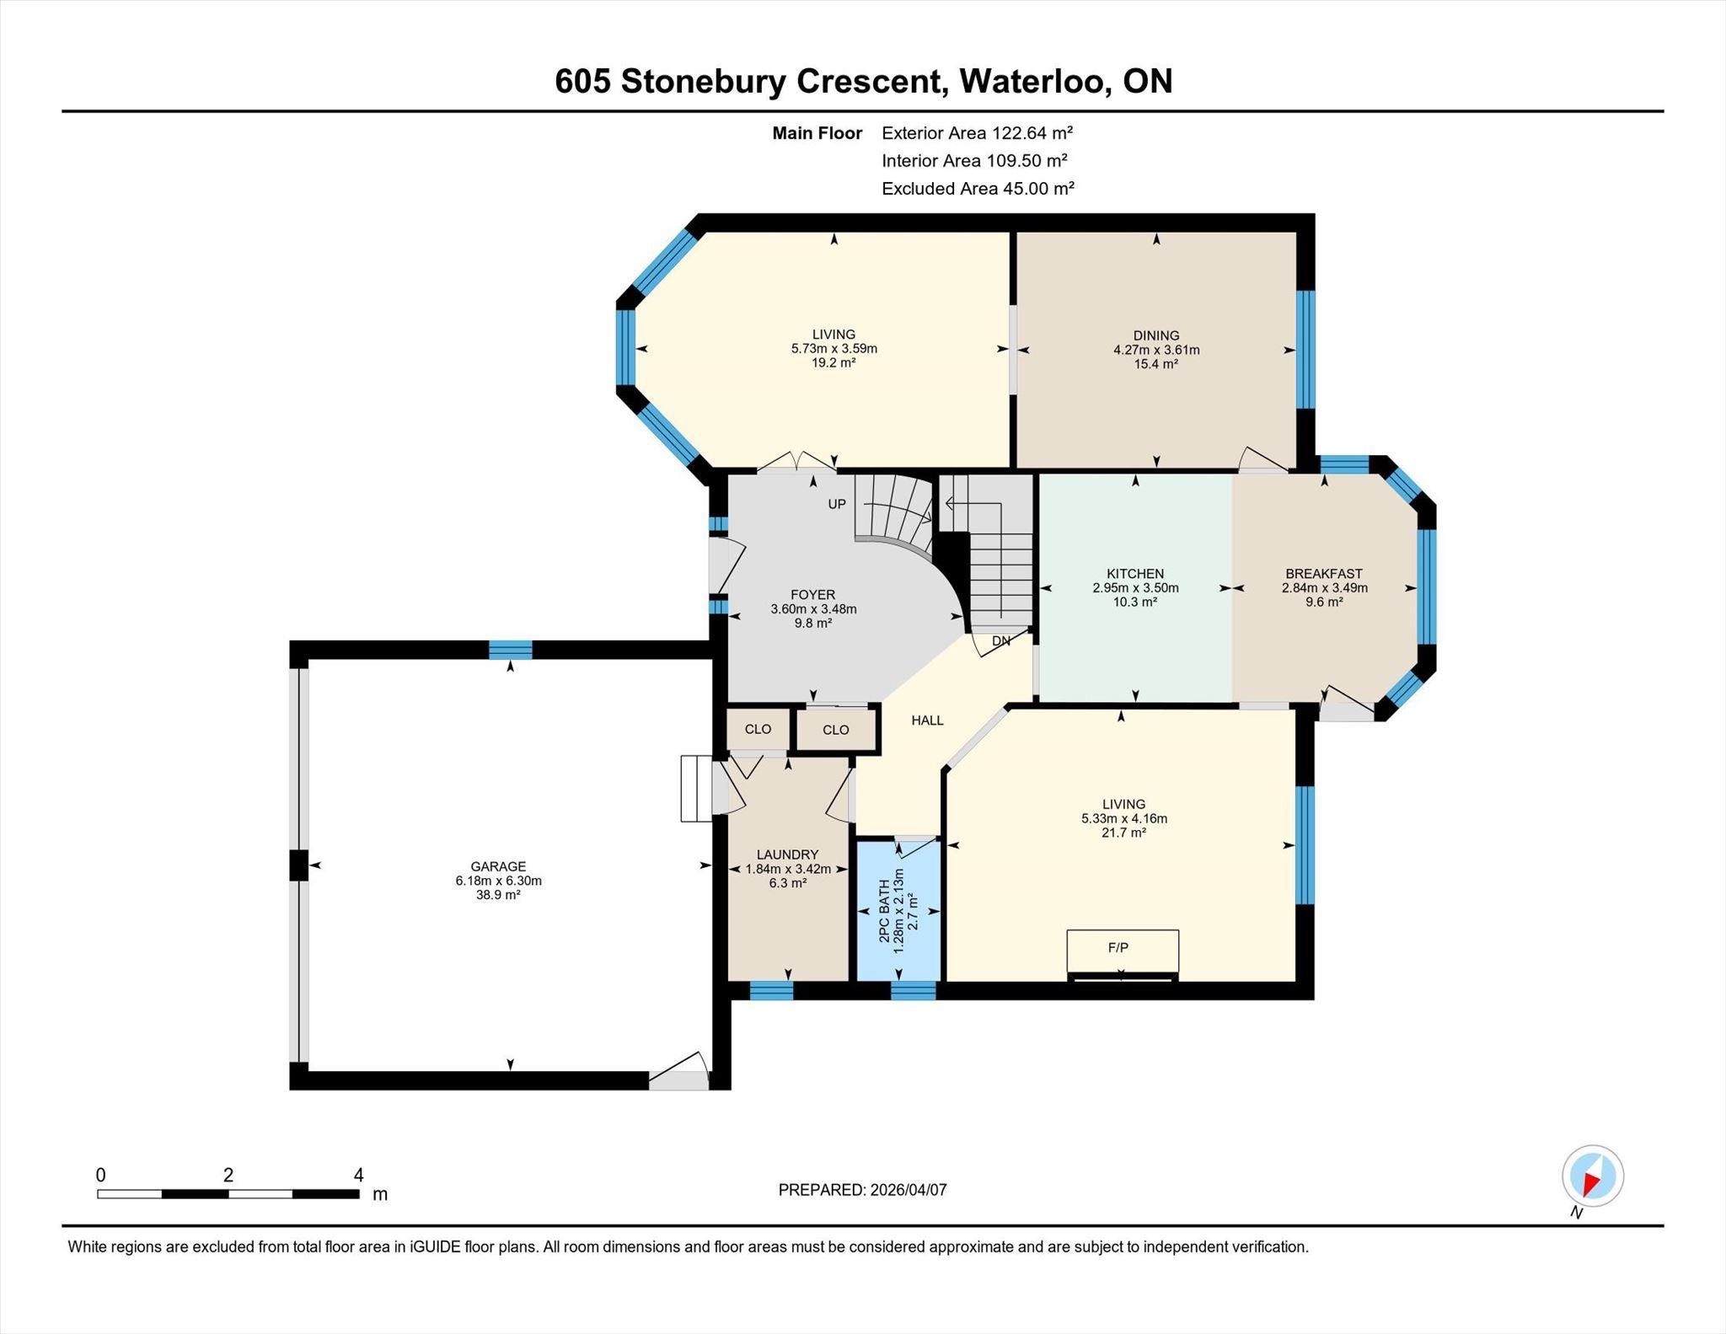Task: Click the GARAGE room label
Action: [x=498, y=866]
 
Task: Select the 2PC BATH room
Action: [x=898, y=911]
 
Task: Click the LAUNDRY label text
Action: [x=787, y=855]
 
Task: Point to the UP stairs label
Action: [x=837, y=504]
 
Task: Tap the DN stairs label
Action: [x=1001, y=640]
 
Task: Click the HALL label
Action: [x=927, y=721]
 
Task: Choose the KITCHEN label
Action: [x=1135, y=574]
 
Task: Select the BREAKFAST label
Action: [x=1324, y=574]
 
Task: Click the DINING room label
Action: [x=1156, y=335]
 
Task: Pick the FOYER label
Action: [x=813, y=594]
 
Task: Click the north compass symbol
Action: [x=1592, y=1176]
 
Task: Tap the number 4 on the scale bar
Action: [x=359, y=1175]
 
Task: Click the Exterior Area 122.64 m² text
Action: [x=977, y=133]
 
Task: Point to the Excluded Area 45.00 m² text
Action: [x=978, y=189]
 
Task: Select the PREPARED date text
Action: [x=862, y=1190]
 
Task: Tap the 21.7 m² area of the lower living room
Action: [x=1124, y=833]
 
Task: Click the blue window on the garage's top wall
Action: [x=511, y=650]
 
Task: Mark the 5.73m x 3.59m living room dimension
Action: [x=834, y=349]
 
